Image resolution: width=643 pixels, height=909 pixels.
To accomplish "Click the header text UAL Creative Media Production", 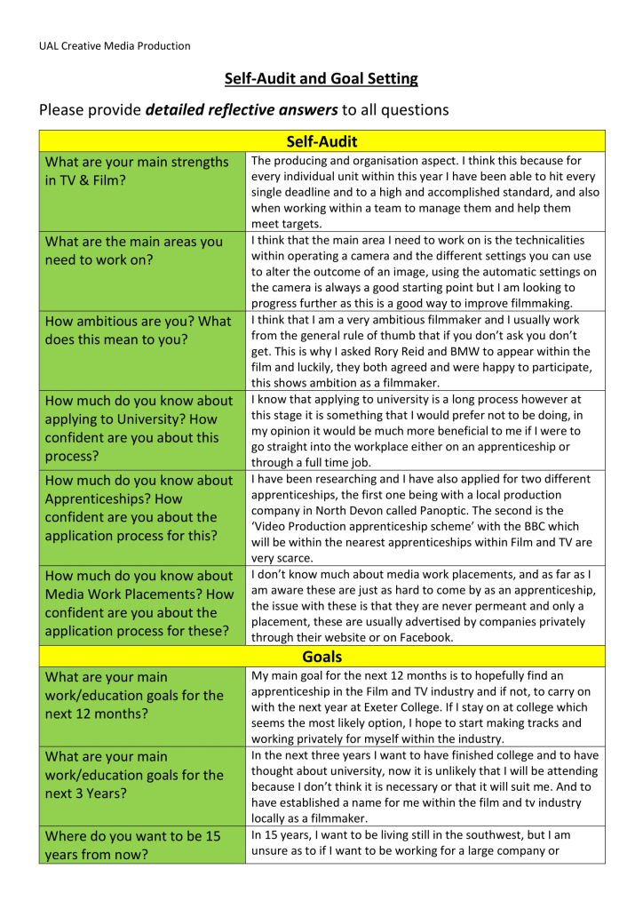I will (x=114, y=46).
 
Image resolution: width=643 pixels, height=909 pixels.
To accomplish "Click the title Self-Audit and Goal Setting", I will (x=321, y=78).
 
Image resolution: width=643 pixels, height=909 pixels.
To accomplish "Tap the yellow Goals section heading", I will (x=321, y=658).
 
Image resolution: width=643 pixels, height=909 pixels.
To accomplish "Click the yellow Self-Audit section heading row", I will (x=321, y=141).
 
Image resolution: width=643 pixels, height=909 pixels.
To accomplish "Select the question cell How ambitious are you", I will (x=138, y=330).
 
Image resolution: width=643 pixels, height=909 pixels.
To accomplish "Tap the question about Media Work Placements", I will (x=139, y=603).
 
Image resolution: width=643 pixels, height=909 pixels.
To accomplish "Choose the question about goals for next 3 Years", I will (x=134, y=775).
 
